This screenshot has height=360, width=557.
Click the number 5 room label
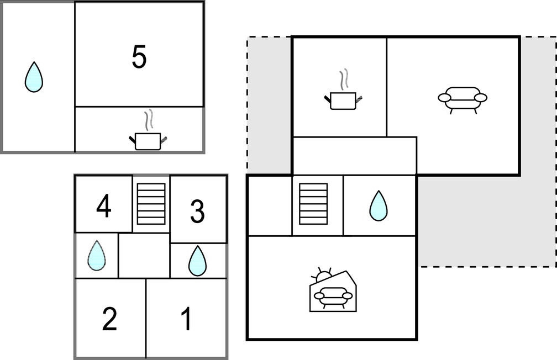(x=139, y=57)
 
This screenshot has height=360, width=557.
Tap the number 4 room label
(x=104, y=208)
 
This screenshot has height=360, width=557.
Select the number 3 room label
(x=197, y=212)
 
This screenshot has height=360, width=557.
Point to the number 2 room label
(x=110, y=319)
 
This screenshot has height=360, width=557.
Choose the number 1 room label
(x=187, y=319)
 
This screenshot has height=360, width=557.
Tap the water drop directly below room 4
(x=97, y=256)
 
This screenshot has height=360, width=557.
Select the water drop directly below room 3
(x=197, y=261)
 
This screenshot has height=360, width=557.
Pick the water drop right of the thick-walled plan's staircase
(x=379, y=206)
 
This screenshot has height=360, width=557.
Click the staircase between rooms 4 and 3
(x=151, y=204)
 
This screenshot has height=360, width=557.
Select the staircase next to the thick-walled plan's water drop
(x=313, y=204)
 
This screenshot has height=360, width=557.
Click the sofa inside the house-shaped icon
(x=333, y=296)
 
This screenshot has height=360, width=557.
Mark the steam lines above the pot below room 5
(x=148, y=119)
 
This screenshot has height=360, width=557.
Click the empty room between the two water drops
(x=144, y=256)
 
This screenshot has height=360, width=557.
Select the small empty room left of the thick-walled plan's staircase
(x=270, y=205)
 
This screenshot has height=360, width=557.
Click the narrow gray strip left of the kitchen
(x=269, y=105)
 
